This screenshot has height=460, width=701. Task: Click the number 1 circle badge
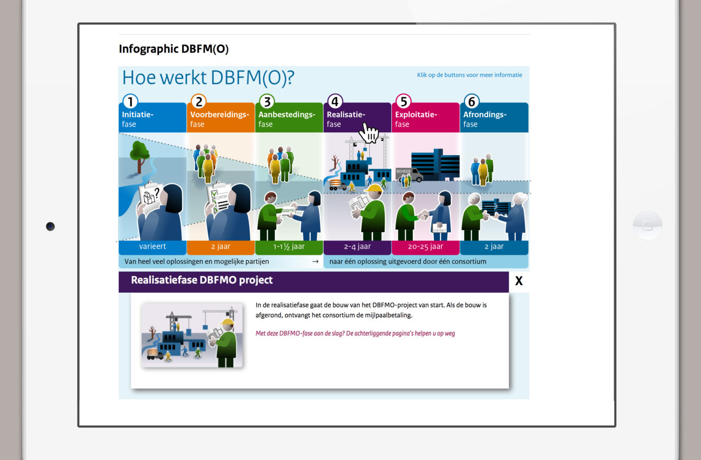130,101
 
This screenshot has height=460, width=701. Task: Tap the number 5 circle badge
403,101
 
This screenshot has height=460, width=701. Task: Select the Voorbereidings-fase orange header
221,118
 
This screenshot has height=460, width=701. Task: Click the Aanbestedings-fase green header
289,118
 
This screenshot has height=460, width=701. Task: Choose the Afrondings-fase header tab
494,118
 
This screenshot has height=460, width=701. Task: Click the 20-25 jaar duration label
426,247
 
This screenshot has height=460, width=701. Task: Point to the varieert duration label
152,247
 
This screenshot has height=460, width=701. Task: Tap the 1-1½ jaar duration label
289,247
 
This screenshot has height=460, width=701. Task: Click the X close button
519,281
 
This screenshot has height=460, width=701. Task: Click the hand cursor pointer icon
369,133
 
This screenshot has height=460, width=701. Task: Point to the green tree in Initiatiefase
139,156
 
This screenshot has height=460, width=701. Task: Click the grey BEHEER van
409,175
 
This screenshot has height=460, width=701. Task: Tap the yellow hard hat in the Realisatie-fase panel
374,189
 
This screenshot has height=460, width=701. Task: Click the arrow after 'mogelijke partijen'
315,261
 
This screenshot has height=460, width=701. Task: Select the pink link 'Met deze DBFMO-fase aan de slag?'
355,333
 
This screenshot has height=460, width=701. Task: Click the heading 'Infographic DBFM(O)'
174,49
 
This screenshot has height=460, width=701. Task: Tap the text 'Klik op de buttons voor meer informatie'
469,75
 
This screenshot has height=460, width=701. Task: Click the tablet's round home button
648,225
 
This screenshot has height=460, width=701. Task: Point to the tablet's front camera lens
50,226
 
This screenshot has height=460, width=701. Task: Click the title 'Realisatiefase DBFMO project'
202,280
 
